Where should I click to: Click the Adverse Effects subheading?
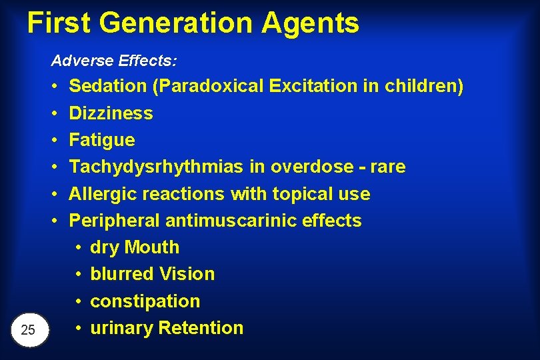pos(114,61)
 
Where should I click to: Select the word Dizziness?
pos(111,113)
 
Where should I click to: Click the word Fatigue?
pos(102,140)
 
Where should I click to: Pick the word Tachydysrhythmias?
pos(157,167)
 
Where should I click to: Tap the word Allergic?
pos(100,194)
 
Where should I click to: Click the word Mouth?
pos(152,247)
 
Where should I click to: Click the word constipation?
pos(145,301)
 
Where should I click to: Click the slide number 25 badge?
pos(29,329)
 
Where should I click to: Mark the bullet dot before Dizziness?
pos(53,113)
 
